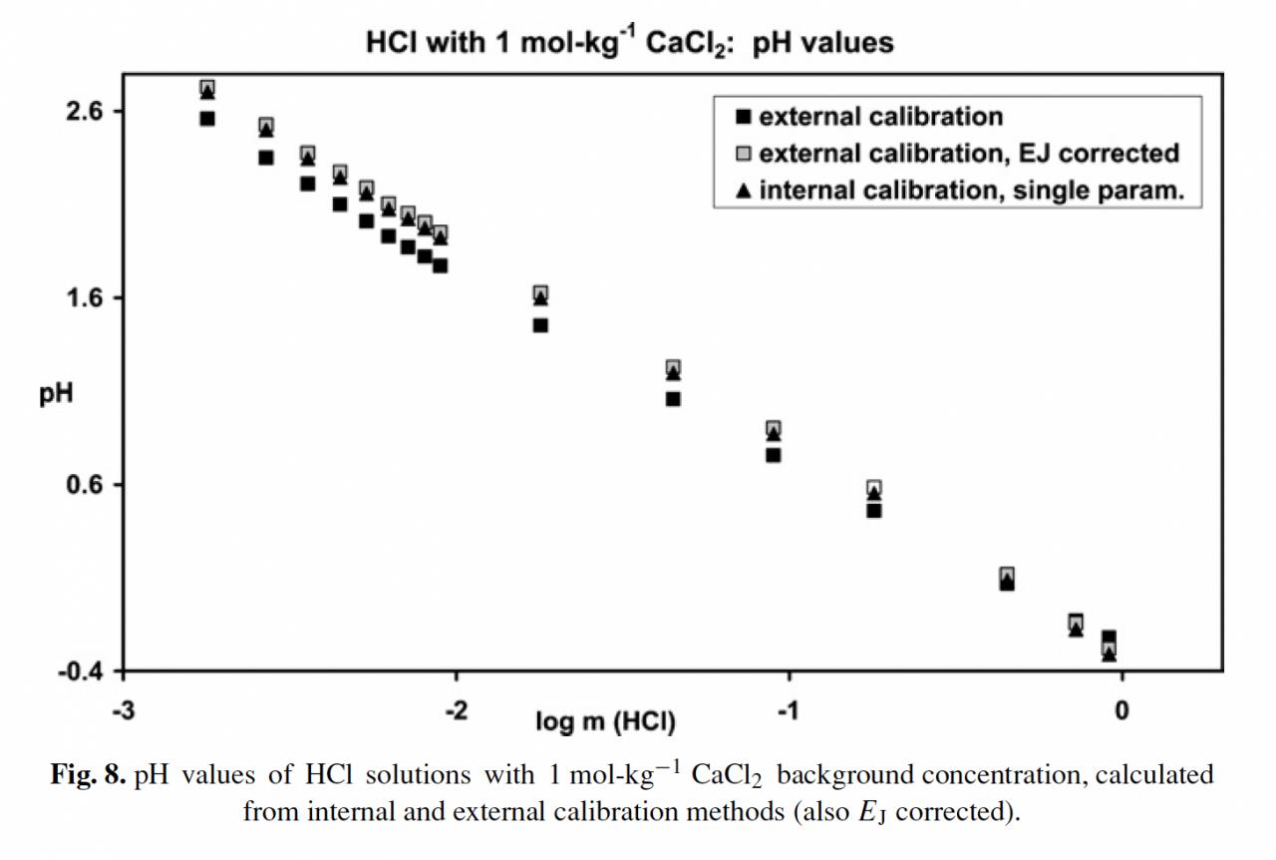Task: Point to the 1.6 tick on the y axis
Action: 85,297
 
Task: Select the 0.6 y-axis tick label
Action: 85,485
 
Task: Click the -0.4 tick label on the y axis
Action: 80,671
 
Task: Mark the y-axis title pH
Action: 55,394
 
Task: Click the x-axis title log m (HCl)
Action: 606,720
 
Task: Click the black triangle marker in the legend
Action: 743,190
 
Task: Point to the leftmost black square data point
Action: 207,119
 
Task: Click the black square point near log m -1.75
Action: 540,325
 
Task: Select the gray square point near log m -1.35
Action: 673,368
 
